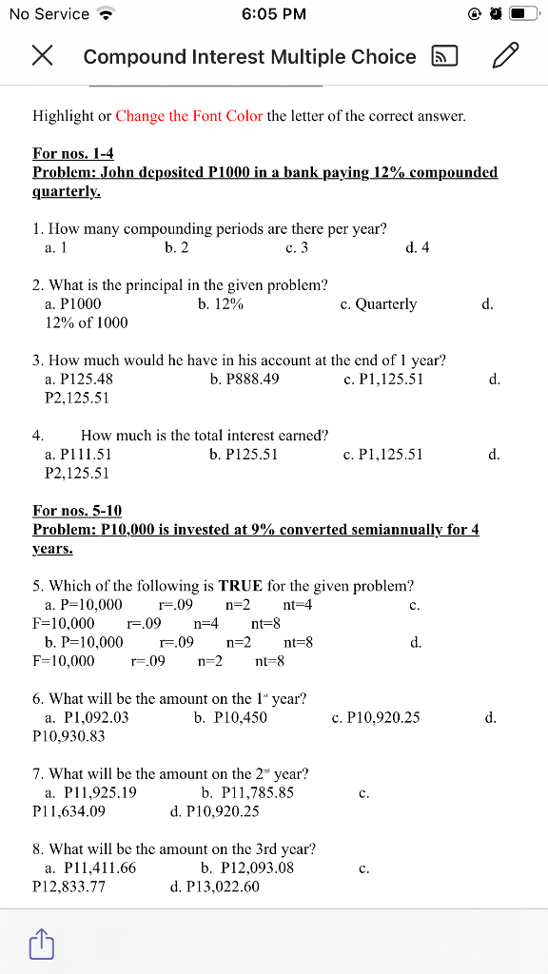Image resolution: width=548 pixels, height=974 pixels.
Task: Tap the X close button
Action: [41, 56]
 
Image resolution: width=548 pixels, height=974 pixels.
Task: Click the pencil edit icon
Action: [506, 56]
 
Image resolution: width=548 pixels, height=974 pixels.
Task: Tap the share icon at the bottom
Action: [41, 944]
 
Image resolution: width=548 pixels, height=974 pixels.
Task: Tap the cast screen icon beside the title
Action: [445, 56]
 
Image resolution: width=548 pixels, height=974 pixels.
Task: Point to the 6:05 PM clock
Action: [274, 14]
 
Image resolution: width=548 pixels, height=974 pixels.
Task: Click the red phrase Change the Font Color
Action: [189, 116]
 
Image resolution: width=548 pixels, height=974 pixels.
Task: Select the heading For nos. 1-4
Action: [73, 153]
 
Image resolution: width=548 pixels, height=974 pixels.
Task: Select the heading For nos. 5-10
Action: [77, 511]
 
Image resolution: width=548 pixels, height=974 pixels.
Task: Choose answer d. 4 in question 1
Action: [417, 248]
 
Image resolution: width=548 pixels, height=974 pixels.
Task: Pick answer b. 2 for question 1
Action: [176, 248]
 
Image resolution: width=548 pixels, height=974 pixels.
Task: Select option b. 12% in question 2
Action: [221, 304]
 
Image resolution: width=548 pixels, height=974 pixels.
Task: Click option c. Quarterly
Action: [378, 304]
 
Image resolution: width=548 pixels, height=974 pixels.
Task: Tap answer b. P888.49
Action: [244, 380]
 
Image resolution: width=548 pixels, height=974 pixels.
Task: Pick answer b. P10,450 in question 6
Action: [230, 717]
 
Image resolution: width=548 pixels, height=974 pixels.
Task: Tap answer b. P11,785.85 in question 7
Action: [247, 792]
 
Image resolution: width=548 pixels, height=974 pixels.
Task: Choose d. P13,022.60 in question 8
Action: [214, 886]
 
